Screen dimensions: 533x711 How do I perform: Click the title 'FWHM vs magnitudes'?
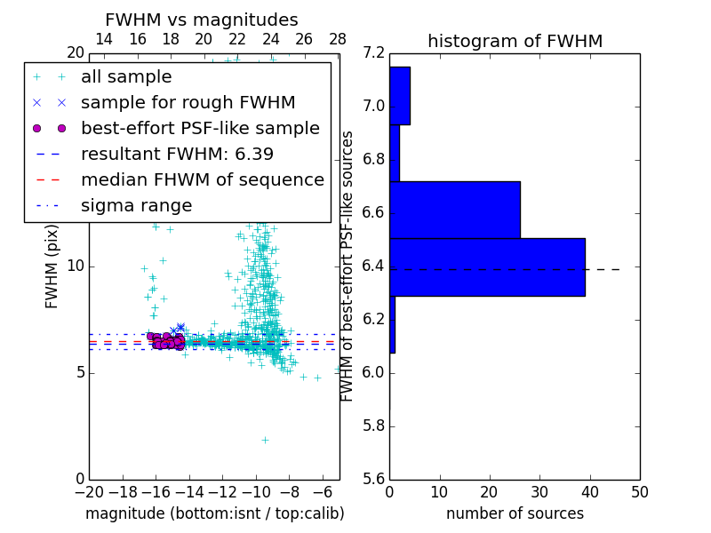(202, 20)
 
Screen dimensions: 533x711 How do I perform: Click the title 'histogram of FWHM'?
(515, 41)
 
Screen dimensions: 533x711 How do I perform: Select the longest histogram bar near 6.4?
(487, 266)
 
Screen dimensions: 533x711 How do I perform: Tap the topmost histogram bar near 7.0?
(399, 95)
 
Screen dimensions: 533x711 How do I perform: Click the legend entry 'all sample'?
(126, 77)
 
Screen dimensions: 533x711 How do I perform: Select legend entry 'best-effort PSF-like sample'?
(200, 128)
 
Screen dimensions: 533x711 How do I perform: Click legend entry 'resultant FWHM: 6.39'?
(177, 154)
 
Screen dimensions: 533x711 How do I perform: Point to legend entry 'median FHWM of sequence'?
(202, 179)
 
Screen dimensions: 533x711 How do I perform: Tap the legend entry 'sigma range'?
(136, 205)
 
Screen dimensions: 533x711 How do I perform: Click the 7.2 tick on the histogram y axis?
(373, 53)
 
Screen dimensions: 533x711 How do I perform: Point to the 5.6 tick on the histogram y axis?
(373, 479)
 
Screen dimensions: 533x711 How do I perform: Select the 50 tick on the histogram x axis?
(639, 492)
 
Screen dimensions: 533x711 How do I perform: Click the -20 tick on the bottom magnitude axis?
(89, 492)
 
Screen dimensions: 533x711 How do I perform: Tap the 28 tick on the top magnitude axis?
(338, 39)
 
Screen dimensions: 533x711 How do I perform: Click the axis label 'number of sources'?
(515, 513)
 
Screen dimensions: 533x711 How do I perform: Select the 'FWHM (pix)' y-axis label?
(52, 266)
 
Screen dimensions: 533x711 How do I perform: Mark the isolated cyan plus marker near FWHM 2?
(264, 440)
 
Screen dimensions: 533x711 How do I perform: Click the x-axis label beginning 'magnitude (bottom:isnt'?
(214, 513)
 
